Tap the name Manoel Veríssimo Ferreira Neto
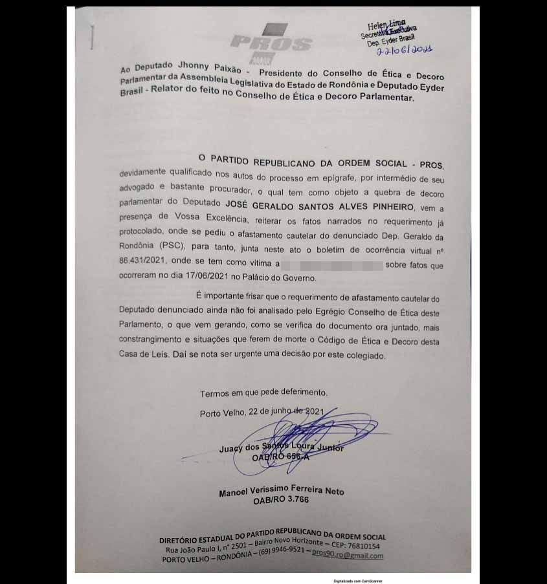tap(281, 492)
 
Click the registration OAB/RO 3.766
tap(281, 501)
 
